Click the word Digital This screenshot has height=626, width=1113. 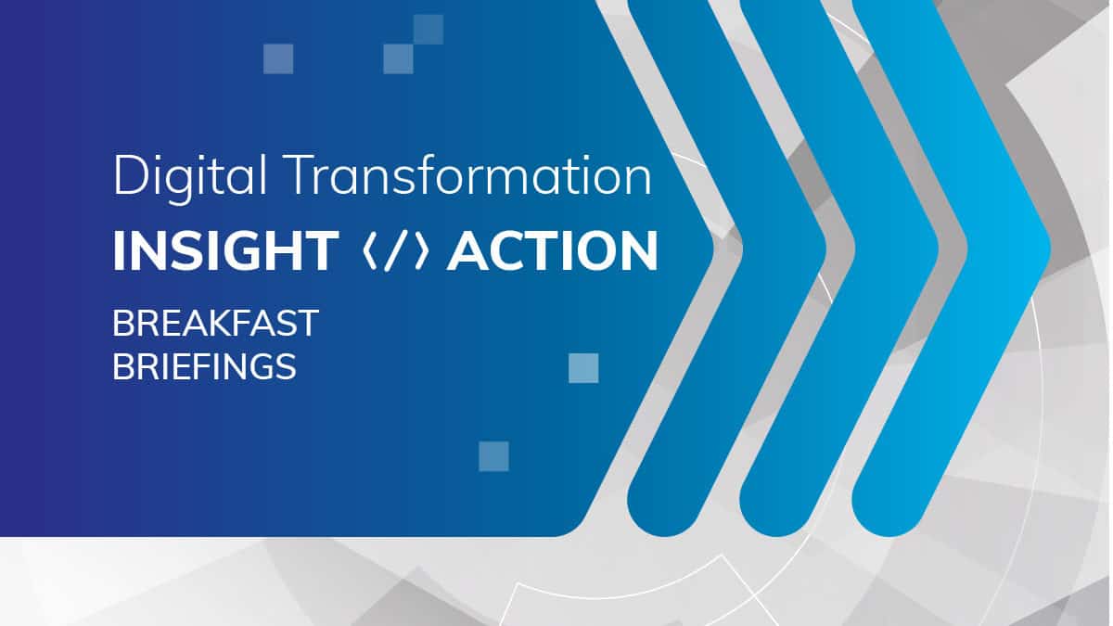(190, 178)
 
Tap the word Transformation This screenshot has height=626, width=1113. (468, 174)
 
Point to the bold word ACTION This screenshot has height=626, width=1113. (553, 251)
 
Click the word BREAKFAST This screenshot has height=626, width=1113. (215, 324)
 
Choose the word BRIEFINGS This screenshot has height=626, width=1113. (204, 367)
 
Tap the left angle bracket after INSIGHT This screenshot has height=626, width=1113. (370, 251)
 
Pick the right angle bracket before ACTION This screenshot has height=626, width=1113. (421, 251)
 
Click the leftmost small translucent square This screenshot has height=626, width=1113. (278, 58)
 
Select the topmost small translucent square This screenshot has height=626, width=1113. (429, 30)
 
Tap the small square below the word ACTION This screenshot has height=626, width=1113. (583, 368)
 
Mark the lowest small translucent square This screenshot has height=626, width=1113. (493, 456)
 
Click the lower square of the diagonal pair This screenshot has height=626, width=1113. (399, 58)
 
